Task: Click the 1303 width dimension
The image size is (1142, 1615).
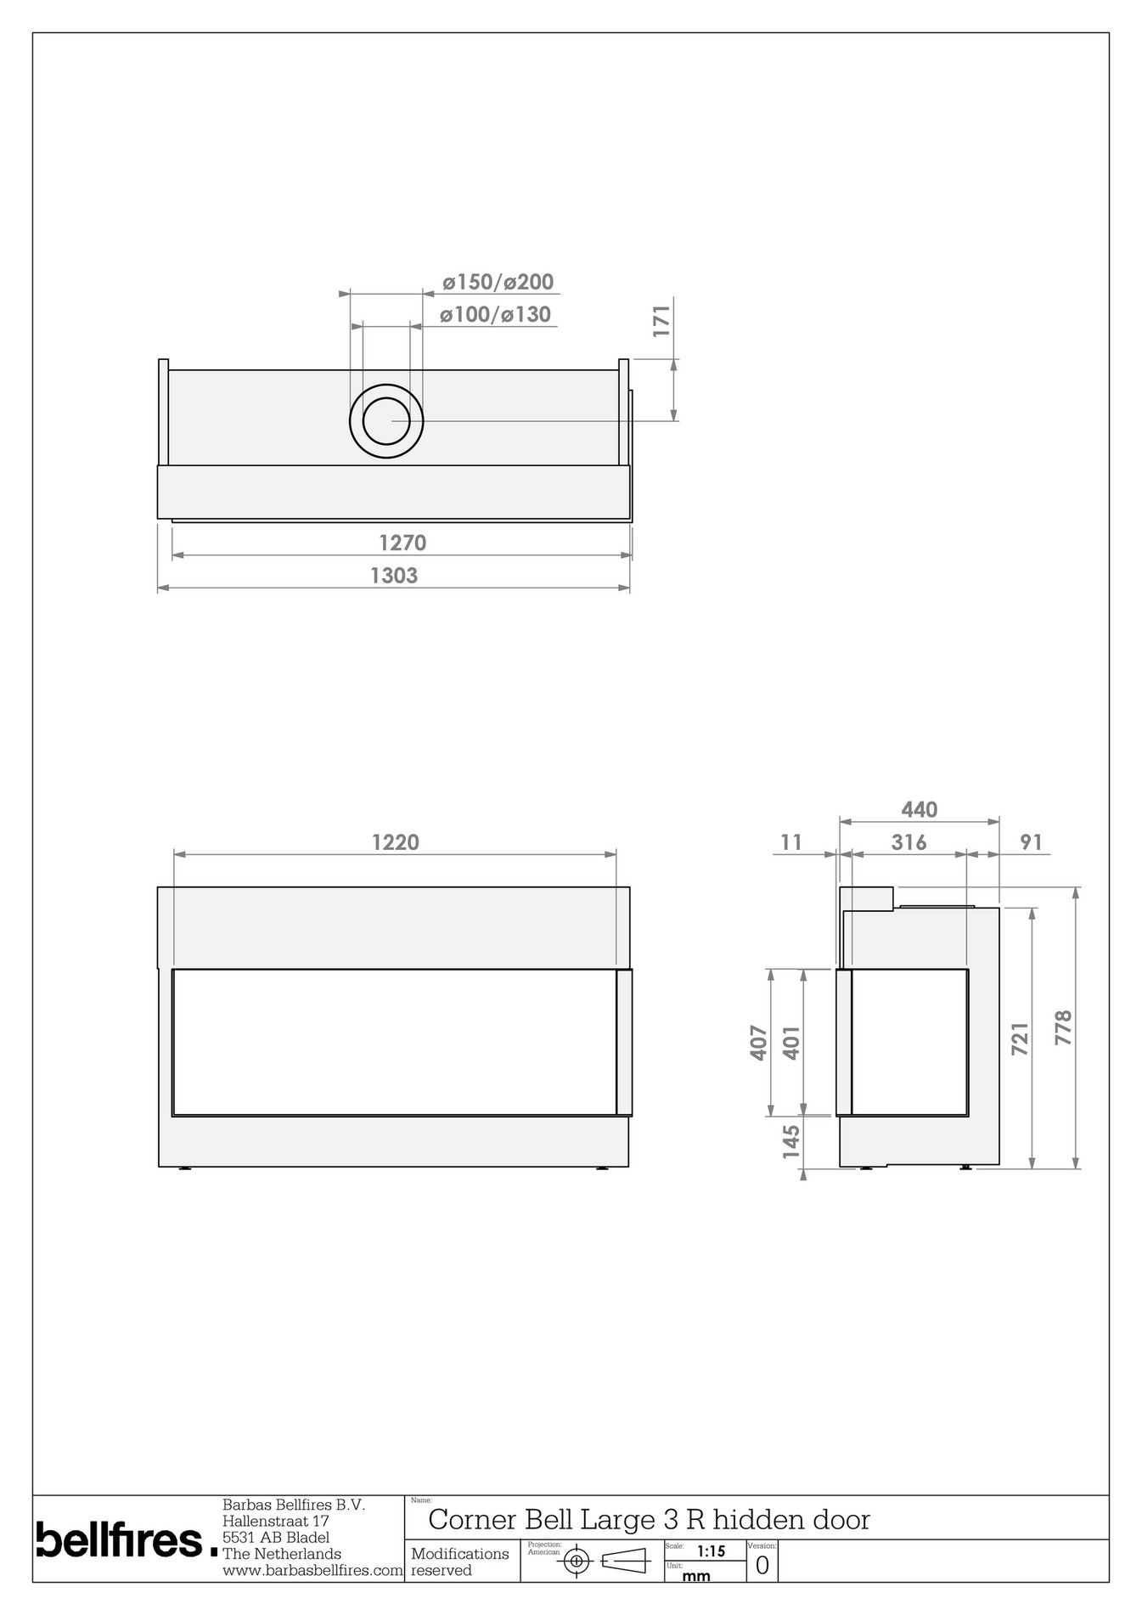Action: pos(394,576)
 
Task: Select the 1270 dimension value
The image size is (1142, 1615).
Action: pos(402,543)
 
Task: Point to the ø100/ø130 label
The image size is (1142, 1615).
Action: pos(496,315)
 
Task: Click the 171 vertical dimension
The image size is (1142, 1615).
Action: pos(662,321)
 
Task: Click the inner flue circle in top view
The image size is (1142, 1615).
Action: pos(385,420)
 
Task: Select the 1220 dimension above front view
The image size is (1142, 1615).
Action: pos(396,842)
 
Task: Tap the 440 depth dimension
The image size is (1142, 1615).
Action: pos(919,810)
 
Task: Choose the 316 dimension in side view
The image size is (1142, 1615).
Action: pos(909,842)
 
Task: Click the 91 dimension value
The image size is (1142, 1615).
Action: pos(1030,842)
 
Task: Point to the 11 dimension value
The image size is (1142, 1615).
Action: pos(790,842)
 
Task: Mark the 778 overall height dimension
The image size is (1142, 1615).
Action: pos(1063,1027)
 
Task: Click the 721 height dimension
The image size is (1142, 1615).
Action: pos(1020,1038)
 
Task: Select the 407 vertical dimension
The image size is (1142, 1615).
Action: pos(759,1043)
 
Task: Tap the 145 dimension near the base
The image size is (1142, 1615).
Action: pos(790,1142)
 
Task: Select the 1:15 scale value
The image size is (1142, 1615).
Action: pos(711,1551)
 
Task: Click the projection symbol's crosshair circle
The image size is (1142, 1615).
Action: pos(577,1561)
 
